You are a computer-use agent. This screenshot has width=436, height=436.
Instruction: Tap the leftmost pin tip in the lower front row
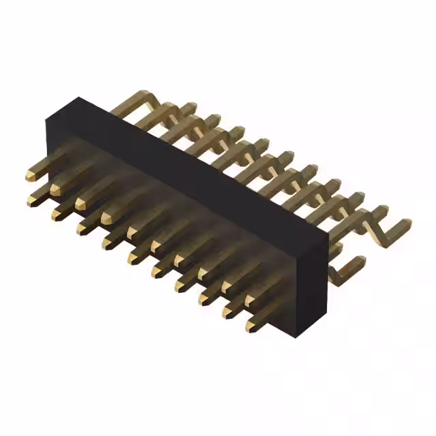click(33, 199)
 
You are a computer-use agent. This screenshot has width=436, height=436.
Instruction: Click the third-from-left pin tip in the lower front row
click(82, 228)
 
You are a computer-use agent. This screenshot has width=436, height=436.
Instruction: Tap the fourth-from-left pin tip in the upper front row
click(107, 217)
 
